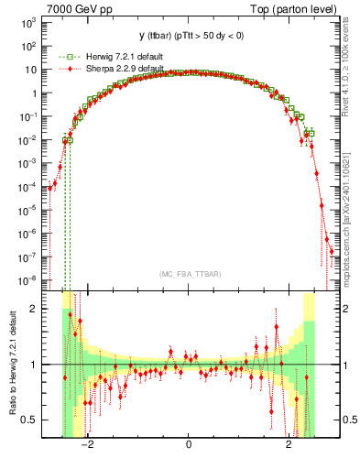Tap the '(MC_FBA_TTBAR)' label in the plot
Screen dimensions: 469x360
(x=188, y=274)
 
